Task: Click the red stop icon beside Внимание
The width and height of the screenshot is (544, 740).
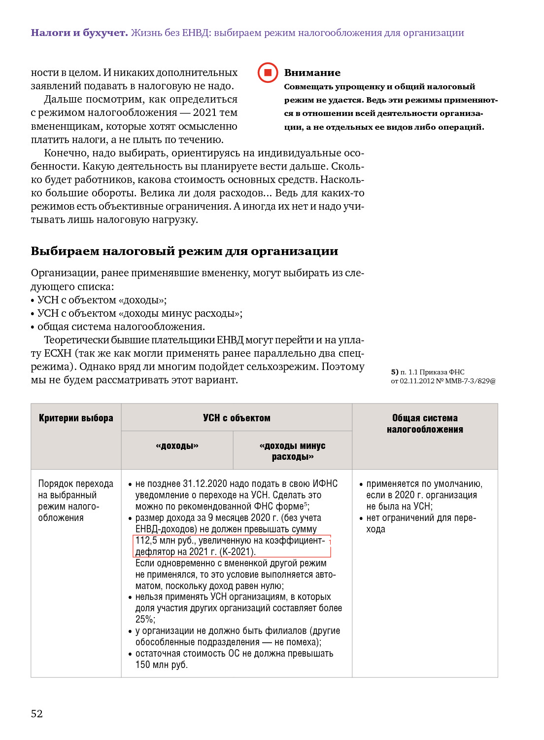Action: coord(268,73)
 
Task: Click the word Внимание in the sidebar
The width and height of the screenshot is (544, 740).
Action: coord(312,73)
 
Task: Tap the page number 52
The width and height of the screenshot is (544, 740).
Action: coord(37,714)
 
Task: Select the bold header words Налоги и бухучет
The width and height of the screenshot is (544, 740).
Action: coord(79,33)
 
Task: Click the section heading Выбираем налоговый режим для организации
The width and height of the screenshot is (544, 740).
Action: coord(184,251)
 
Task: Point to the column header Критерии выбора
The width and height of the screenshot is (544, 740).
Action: coord(76,418)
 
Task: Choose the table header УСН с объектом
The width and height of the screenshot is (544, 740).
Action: coord(237,418)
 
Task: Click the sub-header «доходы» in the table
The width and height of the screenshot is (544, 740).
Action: coord(177,446)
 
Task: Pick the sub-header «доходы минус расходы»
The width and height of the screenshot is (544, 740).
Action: coord(292,451)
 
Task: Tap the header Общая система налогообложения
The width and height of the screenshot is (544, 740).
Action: coord(425,424)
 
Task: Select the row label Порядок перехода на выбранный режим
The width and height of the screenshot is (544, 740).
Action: coord(75,501)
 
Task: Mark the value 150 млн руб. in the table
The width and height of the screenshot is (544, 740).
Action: coord(161,665)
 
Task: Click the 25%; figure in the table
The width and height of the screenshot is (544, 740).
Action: coord(145,619)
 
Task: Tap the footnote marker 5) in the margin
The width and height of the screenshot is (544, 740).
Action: coord(394,372)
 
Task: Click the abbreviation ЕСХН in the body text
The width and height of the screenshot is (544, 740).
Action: coord(58,353)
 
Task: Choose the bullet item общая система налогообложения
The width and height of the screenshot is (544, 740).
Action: coord(121,327)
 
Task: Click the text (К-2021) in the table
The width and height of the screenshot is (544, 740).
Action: coord(238,552)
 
